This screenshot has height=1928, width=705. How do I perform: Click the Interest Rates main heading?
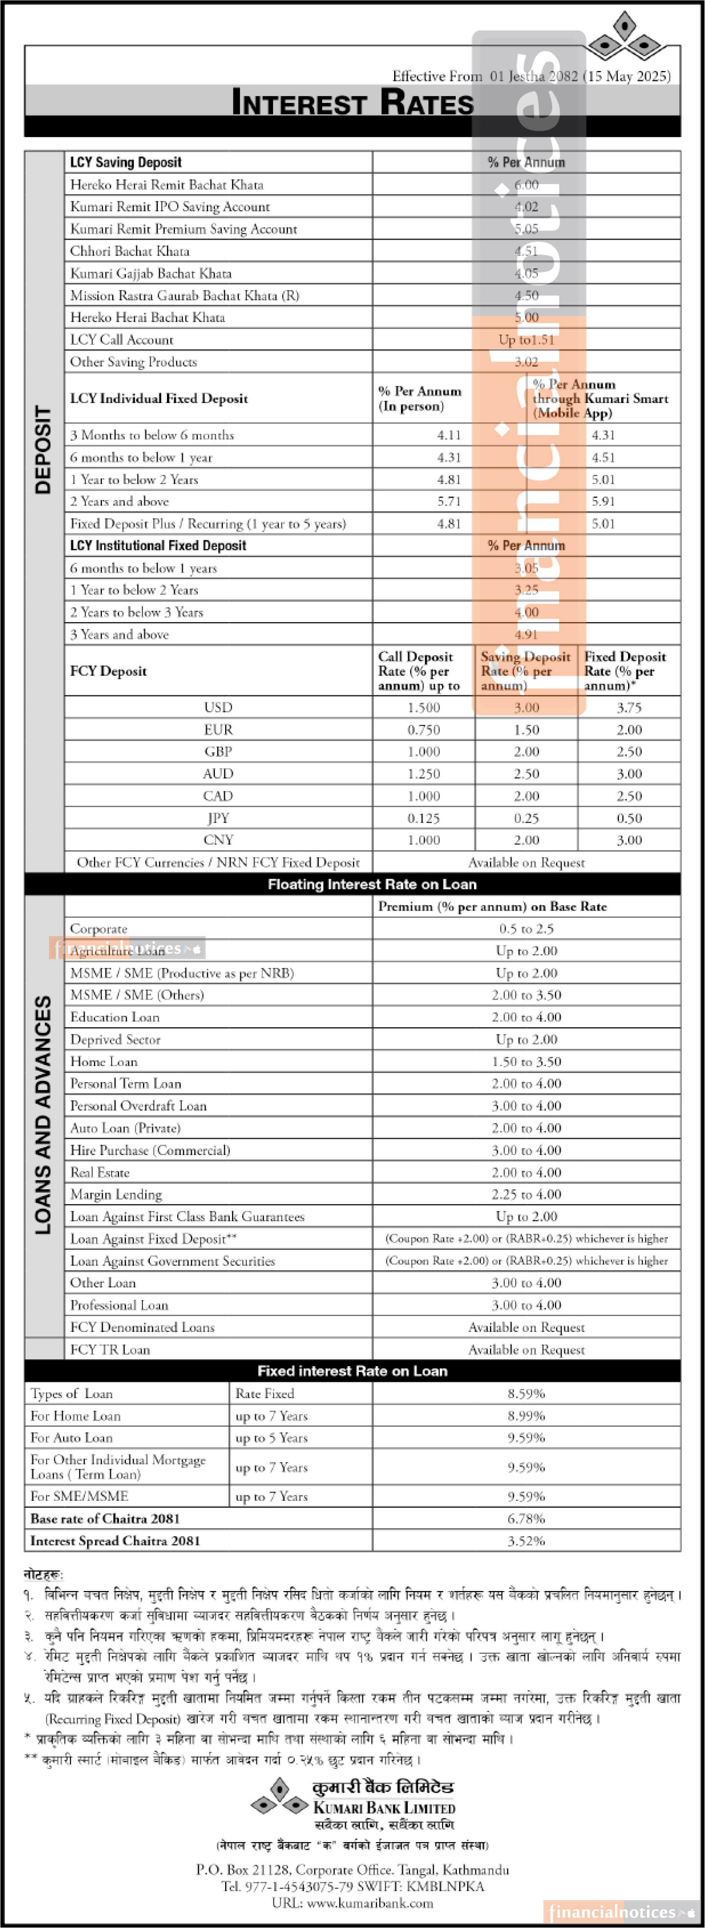[352, 102]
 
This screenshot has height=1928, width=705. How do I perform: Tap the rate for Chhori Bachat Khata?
[526, 251]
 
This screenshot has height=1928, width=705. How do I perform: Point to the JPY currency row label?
[218, 818]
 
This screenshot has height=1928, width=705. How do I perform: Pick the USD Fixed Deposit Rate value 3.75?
[629, 707]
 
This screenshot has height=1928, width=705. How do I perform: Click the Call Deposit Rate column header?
[419, 671]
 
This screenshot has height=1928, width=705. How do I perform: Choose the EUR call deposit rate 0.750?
[423, 730]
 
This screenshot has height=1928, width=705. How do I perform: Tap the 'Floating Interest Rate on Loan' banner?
[372, 885]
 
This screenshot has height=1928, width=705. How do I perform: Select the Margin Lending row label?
[116, 1195]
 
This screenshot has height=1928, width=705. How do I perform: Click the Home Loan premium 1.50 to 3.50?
[526, 1062]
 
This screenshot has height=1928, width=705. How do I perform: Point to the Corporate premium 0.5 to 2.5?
[526, 929]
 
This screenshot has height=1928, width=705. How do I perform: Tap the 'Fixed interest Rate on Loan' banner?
[352, 1371]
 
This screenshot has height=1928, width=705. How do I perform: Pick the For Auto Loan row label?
[72, 1438]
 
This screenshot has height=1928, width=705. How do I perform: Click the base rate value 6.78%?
[526, 1518]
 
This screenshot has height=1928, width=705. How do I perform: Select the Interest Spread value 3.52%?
[526, 1541]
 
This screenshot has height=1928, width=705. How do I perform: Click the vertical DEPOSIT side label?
[44, 449]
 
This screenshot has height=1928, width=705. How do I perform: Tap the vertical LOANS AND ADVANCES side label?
[44, 1115]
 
